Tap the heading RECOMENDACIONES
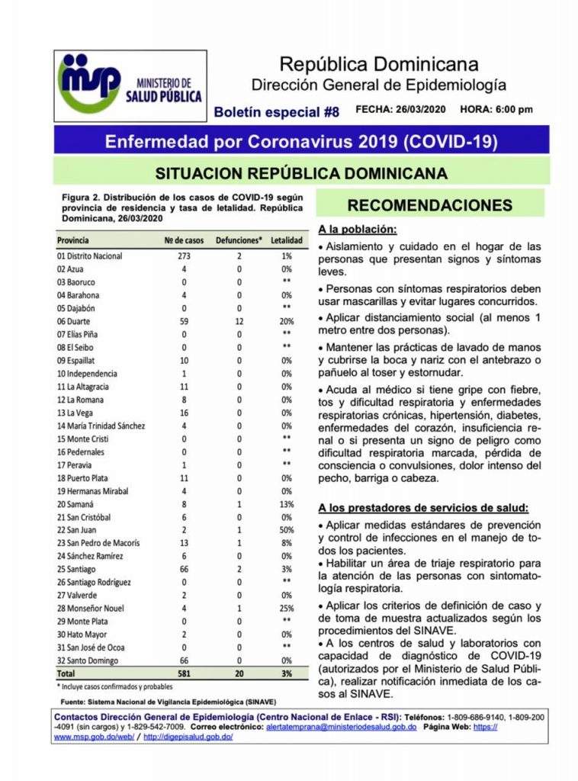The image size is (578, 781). coord(429,206)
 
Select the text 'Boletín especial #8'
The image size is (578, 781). coord(276,111)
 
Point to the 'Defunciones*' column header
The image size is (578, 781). coord(239,241)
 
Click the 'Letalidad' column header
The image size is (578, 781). coord(287,241)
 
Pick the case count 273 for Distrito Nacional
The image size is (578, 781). coord(183,256)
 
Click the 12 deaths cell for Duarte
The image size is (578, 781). coord(239,321)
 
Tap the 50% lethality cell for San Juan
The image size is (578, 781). coord(287,530)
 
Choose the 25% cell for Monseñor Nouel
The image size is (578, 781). coord(287,609)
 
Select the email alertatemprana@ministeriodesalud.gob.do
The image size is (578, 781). coord(341,728)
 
